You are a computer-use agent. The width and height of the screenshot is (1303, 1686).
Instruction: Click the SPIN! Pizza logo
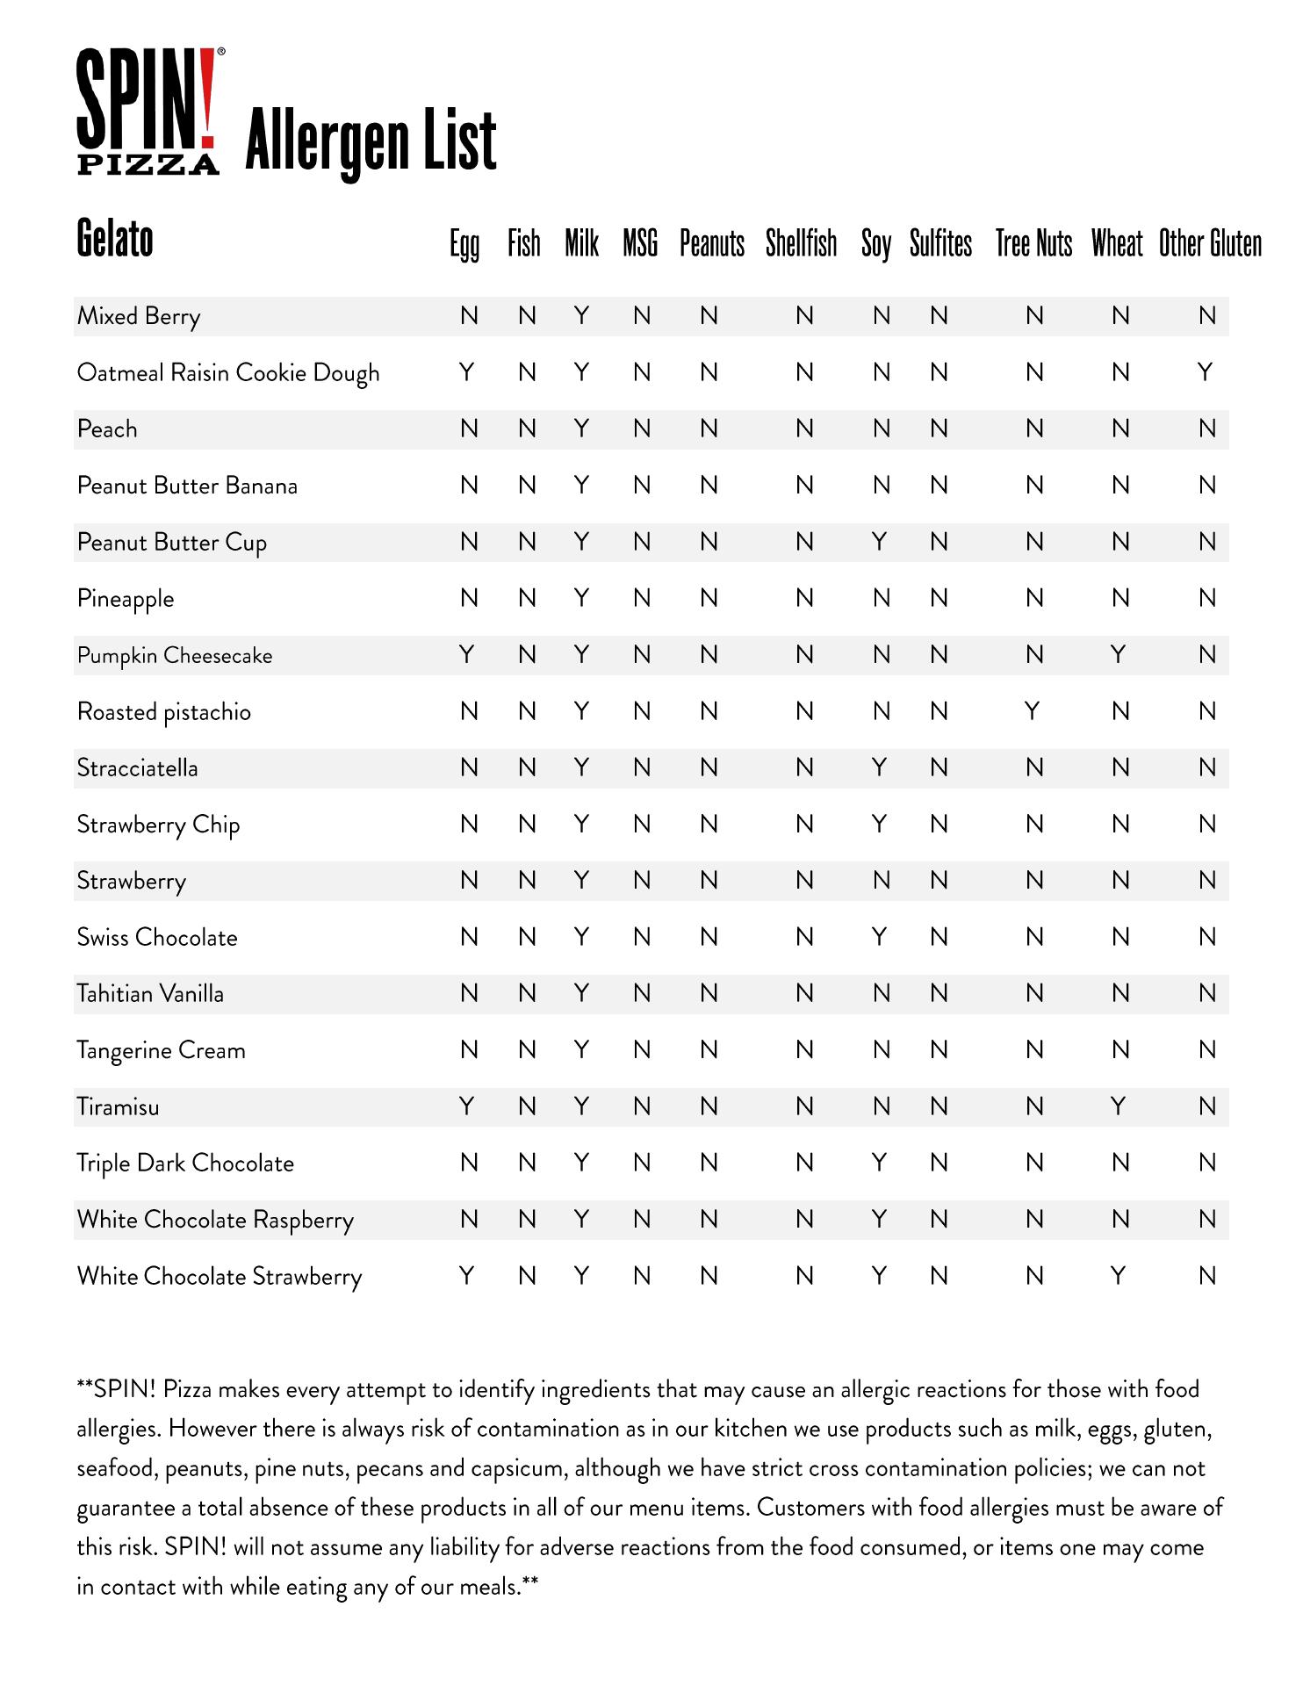(x=148, y=112)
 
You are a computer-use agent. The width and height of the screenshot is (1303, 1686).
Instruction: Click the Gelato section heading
(x=115, y=238)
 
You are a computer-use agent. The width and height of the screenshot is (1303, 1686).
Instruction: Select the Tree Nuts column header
(x=1033, y=243)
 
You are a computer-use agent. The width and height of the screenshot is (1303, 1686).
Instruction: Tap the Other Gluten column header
(x=1210, y=243)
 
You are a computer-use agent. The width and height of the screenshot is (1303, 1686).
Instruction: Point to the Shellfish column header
(x=801, y=243)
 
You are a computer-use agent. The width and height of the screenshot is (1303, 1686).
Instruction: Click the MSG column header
(x=640, y=243)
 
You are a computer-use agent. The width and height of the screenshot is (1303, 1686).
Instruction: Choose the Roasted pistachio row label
(x=164, y=712)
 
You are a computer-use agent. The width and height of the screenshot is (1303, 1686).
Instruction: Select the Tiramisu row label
(x=119, y=1106)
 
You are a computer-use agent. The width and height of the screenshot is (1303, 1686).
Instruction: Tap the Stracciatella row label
(x=138, y=768)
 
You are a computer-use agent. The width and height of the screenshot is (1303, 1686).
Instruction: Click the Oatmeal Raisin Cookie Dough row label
(x=228, y=373)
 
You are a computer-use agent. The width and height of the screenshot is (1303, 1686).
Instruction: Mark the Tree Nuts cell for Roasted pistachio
(x=1033, y=711)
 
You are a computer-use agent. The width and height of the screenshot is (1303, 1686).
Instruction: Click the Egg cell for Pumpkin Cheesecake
(x=467, y=655)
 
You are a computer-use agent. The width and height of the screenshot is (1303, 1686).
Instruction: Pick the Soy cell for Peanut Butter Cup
(x=879, y=543)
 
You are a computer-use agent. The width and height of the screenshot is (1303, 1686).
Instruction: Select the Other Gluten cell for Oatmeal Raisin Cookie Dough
(x=1206, y=373)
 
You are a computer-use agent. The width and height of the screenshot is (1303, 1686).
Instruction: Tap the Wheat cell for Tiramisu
(x=1118, y=1106)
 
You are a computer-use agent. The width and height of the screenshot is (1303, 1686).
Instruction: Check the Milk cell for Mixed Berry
(x=580, y=316)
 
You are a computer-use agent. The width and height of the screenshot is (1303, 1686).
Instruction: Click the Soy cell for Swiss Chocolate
(x=879, y=937)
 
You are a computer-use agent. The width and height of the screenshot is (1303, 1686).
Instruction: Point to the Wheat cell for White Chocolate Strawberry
(x=1118, y=1276)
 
